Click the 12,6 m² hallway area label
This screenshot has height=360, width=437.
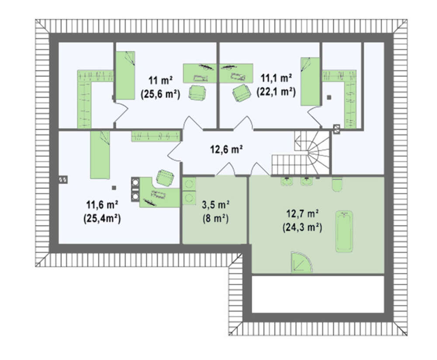pyautogui.click(x=226, y=150)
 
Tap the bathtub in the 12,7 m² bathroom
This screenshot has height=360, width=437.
pyautogui.click(x=344, y=231)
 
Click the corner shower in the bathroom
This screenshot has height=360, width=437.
pyautogui.click(x=302, y=262)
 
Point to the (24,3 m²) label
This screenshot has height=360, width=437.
pyautogui.click(x=303, y=228)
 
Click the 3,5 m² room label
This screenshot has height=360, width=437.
pyautogui.click(x=215, y=205)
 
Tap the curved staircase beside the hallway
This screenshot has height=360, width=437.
pyautogui.click(x=301, y=153)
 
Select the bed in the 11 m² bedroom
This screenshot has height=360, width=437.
pyautogui.click(x=125, y=75)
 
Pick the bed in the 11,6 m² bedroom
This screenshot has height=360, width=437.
pyautogui.click(x=100, y=155)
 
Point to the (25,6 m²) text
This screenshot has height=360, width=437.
pyautogui.click(x=160, y=94)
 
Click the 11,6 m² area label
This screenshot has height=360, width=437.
pyautogui.click(x=102, y=205)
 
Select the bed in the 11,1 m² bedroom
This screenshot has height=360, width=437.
pyautogui.click(x=310, y=81)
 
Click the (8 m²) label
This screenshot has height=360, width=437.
pyautogui.click(x=215, y=219)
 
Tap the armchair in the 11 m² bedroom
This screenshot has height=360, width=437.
pyautogui.click(x=198, y=92)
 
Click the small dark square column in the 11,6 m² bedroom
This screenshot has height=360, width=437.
pyautogui.click(x=114, y=188)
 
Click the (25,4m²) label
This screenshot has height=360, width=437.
pyautogui.click(x=102, y=219)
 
